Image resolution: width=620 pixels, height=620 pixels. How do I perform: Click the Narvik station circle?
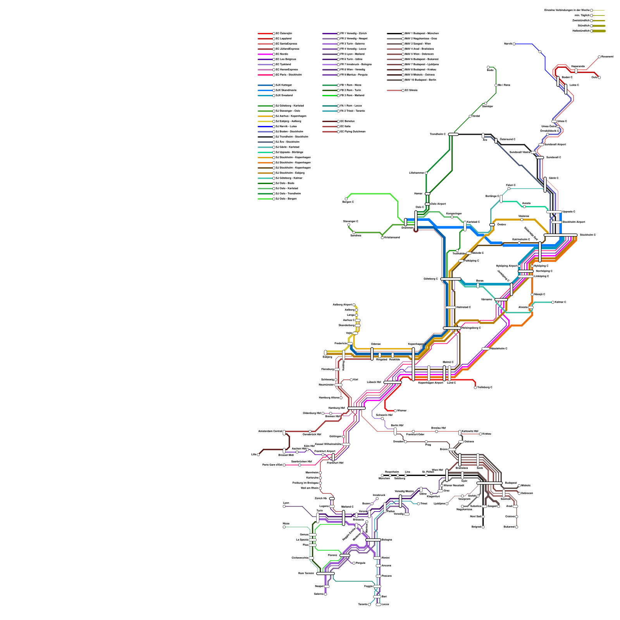point(514,44)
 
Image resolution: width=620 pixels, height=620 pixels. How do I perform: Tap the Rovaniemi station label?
point(607,57)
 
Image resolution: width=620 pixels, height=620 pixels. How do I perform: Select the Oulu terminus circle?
point(599,77)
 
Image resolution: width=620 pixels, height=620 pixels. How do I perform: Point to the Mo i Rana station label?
point(504,85)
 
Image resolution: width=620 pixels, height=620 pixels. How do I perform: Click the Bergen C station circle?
point(346,199)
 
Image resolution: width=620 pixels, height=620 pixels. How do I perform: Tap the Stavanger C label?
point(350,221)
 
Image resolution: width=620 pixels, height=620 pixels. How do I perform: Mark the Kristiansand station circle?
point(382,238)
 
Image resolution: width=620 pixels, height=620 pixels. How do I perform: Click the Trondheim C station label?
point(437,134)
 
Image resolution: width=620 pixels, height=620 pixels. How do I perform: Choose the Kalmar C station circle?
point(553,302)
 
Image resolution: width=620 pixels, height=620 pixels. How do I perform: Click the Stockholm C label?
point(587,235)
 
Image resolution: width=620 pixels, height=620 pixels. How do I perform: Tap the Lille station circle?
point(258,455)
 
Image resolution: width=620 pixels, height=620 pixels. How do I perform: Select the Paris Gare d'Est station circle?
point(284,465)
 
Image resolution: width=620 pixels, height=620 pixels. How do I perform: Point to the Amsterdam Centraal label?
point(270,431)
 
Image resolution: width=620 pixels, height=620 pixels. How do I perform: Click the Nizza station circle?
point(284,527)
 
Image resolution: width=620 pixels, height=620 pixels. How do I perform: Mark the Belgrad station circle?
point(483,527)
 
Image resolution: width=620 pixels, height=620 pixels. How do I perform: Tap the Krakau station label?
point(486,434)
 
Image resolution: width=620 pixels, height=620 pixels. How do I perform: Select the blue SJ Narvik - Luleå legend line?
point(265,127)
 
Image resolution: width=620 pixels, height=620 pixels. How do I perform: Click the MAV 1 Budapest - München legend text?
point(422,34)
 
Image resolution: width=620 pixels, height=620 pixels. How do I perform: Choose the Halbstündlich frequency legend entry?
point(581,31)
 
